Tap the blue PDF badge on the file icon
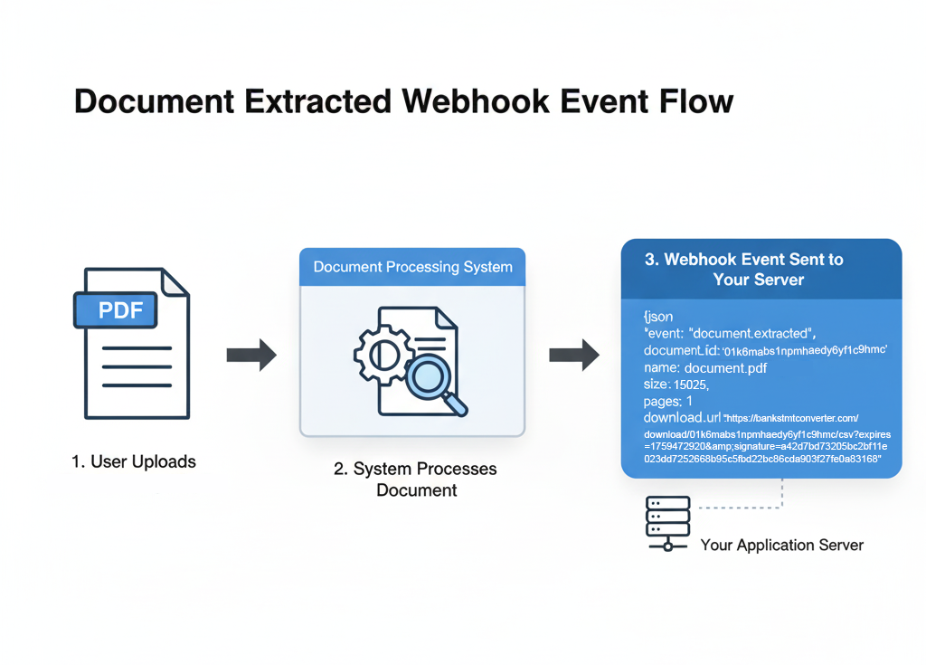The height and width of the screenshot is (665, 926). click(120, 310)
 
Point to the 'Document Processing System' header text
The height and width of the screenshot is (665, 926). click(412, 267)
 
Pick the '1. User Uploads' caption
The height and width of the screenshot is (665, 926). click(134, 461)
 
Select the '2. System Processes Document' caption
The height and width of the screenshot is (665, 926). click(417, 480)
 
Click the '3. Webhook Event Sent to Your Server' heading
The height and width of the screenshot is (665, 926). click(743, 270)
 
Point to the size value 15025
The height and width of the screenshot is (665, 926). click(691, 385)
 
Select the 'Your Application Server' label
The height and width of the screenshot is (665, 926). click(781, 546)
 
